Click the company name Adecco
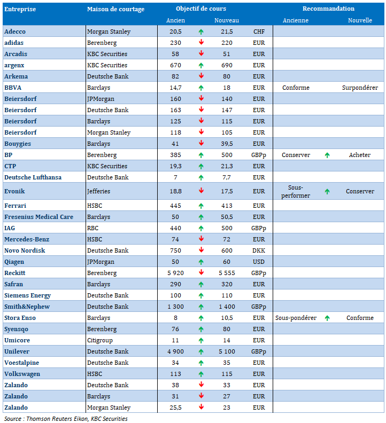(x=15, y=32)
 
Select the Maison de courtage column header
(x=111, y=9)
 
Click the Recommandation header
(x=328, y=9)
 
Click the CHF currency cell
(x=259, y=32)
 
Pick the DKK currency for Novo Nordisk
(x=259, y=250)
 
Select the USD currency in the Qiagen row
(x=259, y=262)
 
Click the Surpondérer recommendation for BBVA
(x=360, y=88)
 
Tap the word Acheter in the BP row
(x=359, y=155)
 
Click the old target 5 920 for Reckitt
(x=175, y=273)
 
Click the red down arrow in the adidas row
(x=201, y=43)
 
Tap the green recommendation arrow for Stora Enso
(x=327, y=318)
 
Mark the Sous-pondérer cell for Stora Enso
(x=296, y=318)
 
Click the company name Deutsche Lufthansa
(x=33, y=177)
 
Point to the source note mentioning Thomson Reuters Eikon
(x=66, y=419)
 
